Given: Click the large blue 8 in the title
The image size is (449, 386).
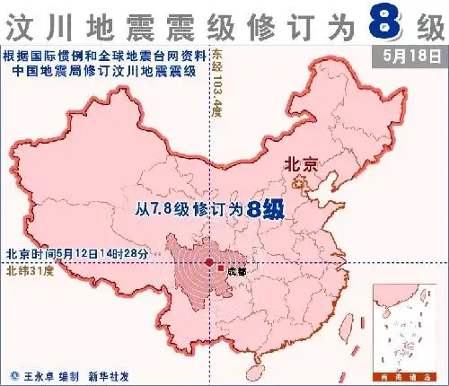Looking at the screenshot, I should pos(383,24).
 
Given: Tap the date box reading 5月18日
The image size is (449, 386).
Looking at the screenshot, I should pos(409,56).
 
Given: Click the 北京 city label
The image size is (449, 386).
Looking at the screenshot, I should pos(300,164).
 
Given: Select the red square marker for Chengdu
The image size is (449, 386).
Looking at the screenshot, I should pos(220,265).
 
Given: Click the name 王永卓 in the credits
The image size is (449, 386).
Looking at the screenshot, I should pos(40,374).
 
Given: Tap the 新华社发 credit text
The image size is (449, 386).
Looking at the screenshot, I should pos(114,374).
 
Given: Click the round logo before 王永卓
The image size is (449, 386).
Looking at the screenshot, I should pos(13,374).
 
